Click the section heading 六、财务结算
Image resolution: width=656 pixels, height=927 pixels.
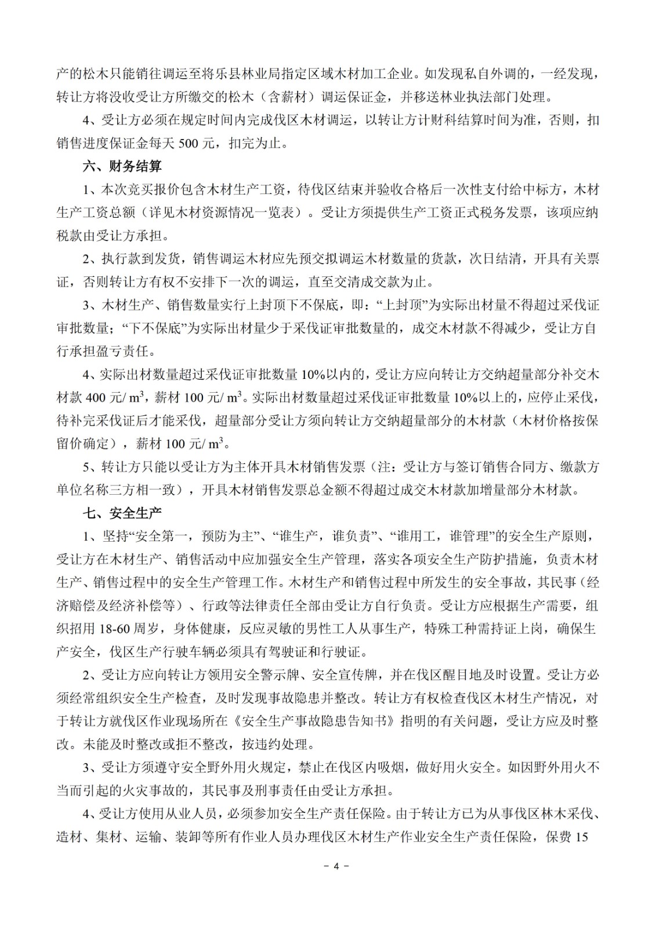click(x=122, y=167)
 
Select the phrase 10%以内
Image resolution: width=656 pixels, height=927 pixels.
click(x=329, y=375)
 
